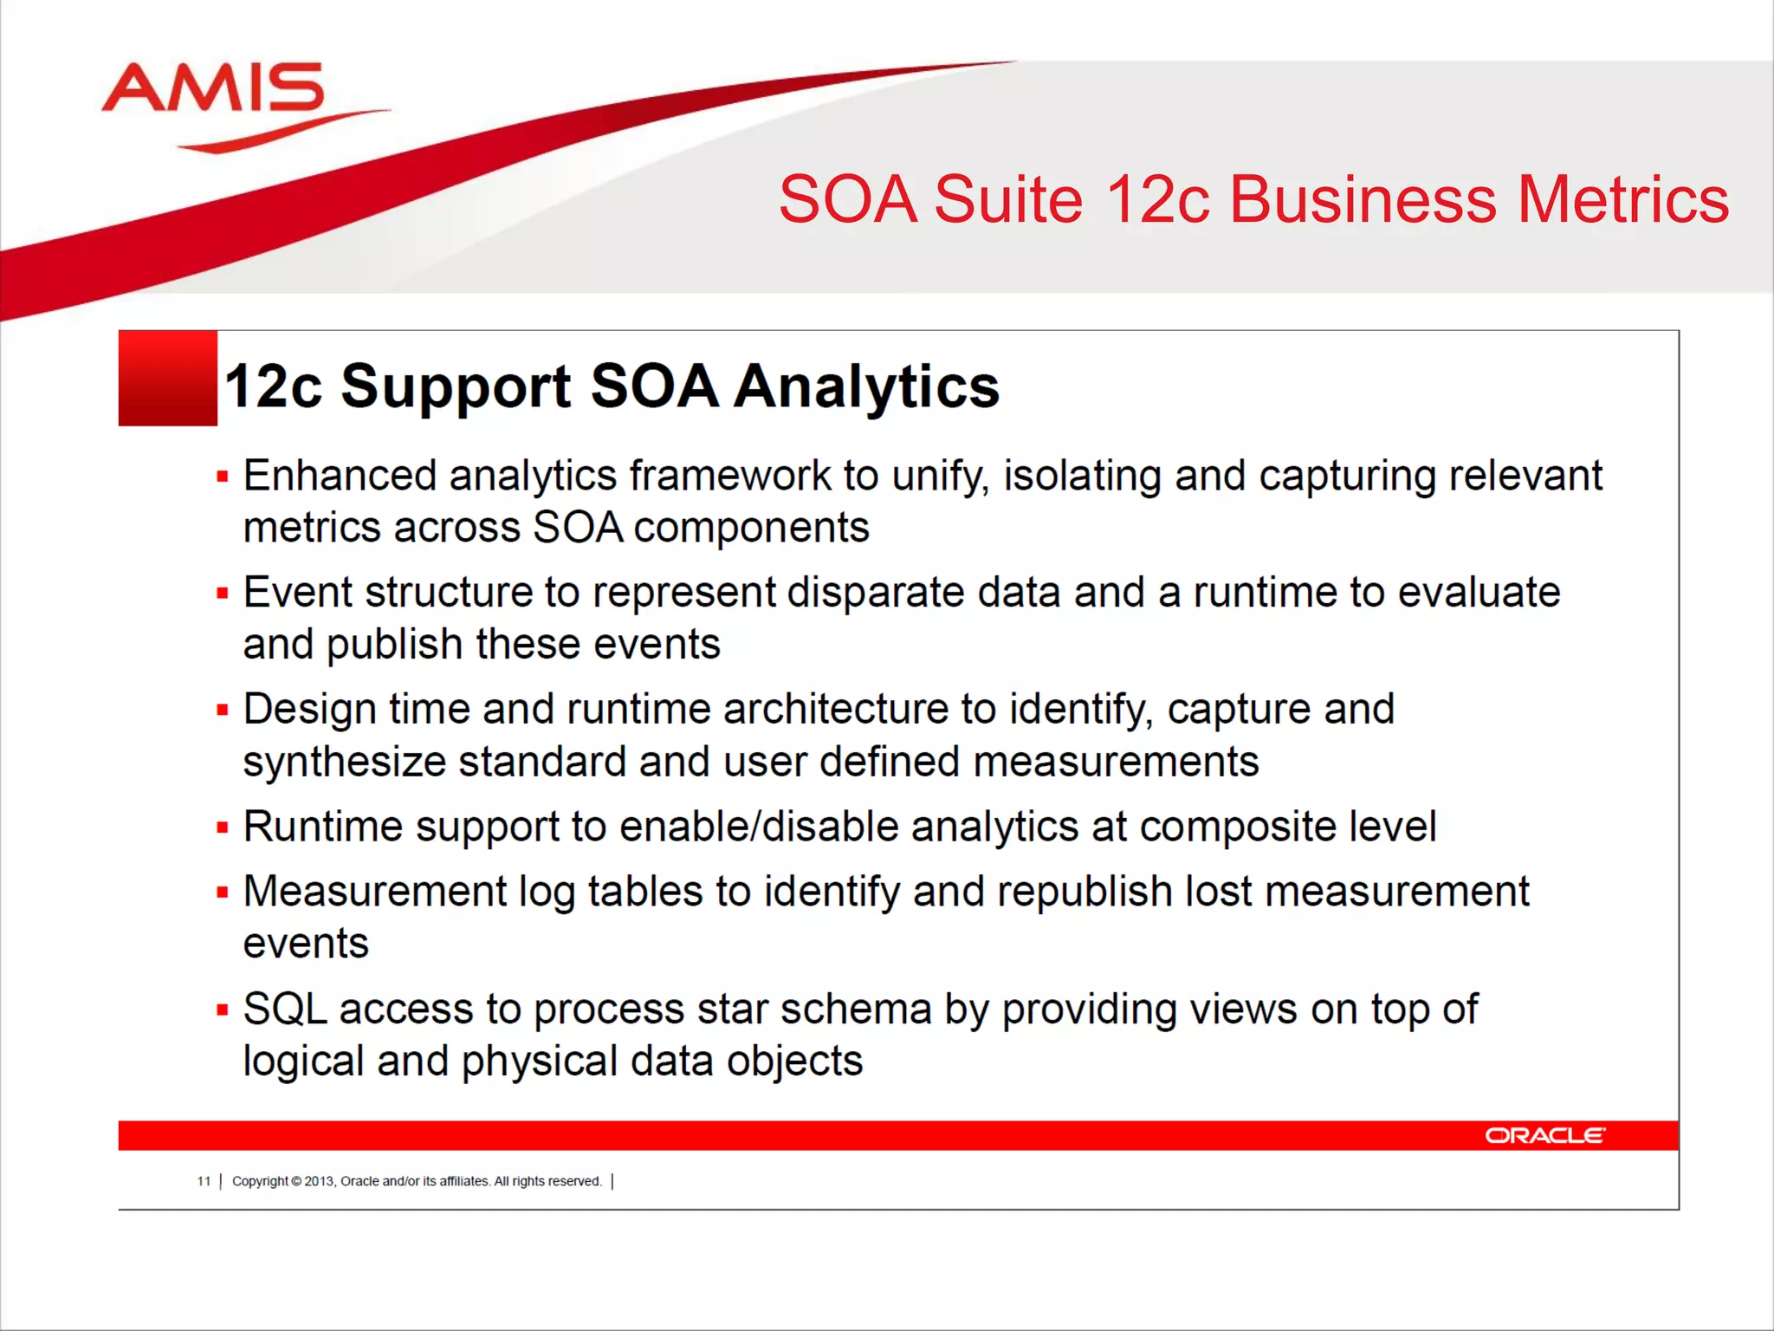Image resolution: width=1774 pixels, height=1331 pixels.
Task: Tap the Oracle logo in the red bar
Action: (x=1544, y=1135)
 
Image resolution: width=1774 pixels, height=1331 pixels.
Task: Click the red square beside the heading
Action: (x=167, y=379)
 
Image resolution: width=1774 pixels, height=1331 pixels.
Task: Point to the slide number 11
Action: (x=204, y=1181)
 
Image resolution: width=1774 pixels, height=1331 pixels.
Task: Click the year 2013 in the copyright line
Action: (x=319, y=1181)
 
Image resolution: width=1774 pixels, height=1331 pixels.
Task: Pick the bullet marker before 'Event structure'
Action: (x=223, y=594)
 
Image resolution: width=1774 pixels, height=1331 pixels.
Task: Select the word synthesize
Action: (x=344, y=763)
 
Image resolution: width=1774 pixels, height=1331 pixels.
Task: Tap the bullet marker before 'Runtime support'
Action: (x=223, y=828)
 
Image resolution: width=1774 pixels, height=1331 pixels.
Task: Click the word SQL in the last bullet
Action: (x=285, y=1010)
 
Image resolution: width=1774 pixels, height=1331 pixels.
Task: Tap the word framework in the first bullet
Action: (x=729, y=476)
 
